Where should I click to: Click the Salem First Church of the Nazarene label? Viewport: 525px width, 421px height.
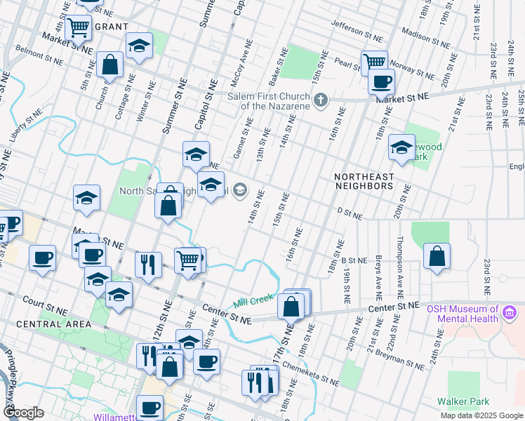pos(269,100)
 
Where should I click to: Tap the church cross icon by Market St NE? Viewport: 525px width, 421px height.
pos(321,99)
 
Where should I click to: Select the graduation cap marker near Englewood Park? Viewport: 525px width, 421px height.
pos(401,147)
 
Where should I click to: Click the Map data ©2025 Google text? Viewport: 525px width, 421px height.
pos(481,415)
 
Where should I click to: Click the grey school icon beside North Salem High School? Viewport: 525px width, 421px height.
pos(240,189)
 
